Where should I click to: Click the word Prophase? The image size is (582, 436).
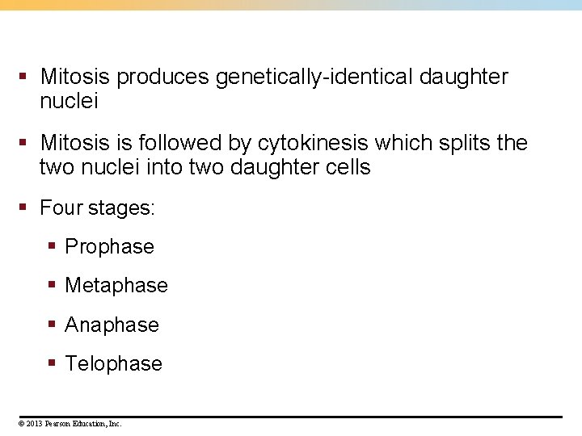109,247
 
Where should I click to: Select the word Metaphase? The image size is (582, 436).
116,286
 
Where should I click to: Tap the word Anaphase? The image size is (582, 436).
112,325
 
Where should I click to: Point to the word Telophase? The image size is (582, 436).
113,364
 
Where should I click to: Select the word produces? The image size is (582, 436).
164,78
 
